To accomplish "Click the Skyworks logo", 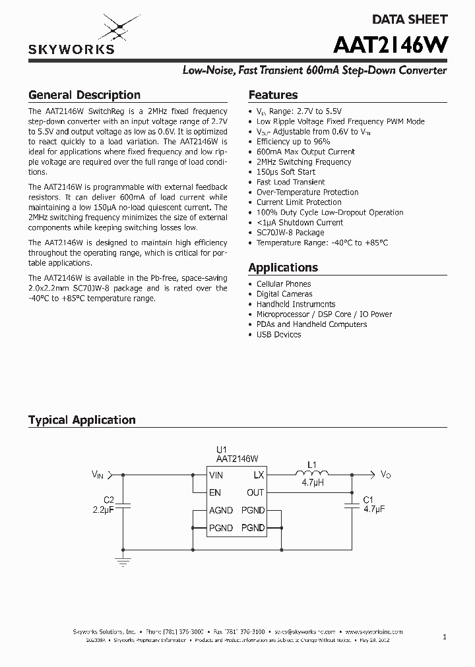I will coord(71,36).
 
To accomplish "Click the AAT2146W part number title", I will coord(391,45).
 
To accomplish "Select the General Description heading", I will coord(84,95).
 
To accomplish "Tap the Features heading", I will coord(273,95).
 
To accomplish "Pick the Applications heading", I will coord(283,268).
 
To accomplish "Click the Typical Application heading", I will coord(82,420).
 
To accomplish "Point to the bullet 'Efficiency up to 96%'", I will coord(293,142).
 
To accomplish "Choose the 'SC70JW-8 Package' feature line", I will coord(290,233).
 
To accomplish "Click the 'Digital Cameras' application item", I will coord(284,294).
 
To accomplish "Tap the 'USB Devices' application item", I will coord(278,334).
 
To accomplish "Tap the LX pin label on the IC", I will coord(259,475).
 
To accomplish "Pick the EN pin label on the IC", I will coord(215,492).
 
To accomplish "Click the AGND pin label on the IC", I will coord(220,510).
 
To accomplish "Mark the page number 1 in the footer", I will coord(445,637).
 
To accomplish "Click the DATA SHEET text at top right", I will coord(410,20).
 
